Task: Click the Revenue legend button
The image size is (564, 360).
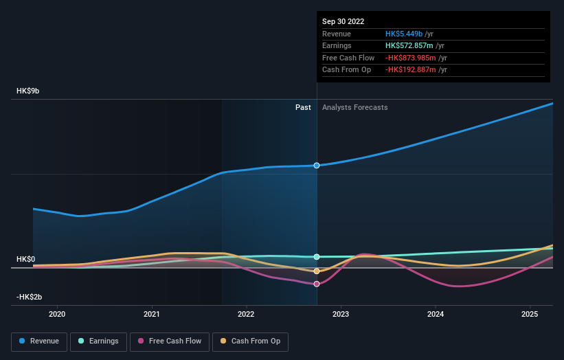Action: tap(39, 341)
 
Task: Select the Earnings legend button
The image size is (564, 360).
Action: tap(98, 341)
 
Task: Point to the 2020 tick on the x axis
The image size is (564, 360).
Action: tap(57, 314)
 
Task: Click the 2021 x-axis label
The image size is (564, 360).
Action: tap(151, 314)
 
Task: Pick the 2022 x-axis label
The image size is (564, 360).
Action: tap(246, 314)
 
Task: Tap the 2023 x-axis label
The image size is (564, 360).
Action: tap(341, 314)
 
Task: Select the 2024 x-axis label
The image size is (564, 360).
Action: tap(436, 314)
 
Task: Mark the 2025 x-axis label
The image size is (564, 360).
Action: tap(530, 314)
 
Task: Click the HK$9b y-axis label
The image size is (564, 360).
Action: tap(29, 91)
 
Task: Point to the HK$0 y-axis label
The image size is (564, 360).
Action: tap(27, 259)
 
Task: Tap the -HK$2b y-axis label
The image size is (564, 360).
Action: tap(30, 297)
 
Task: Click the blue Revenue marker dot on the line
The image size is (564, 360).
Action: tap(317, 166)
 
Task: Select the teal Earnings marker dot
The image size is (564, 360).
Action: tap(317, 257)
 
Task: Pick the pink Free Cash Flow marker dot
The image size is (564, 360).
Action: tap(317, 284)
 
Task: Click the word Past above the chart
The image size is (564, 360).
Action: tap(303, 107)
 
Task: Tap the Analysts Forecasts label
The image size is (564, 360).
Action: tap(354, 107)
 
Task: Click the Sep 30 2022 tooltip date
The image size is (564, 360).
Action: tap(344, 21)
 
